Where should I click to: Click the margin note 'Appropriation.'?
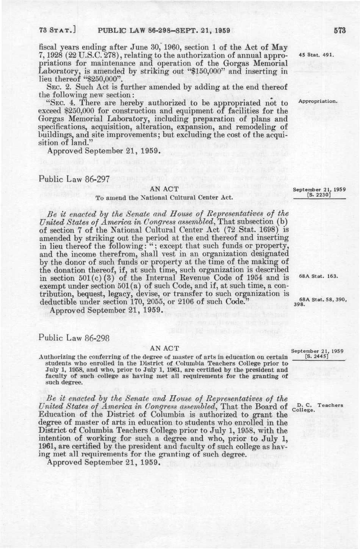point(318,101)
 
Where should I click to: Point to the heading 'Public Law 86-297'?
point(74,179)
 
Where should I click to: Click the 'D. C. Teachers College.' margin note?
point(318,407)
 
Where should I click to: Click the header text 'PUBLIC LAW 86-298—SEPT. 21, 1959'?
point(164,31)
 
